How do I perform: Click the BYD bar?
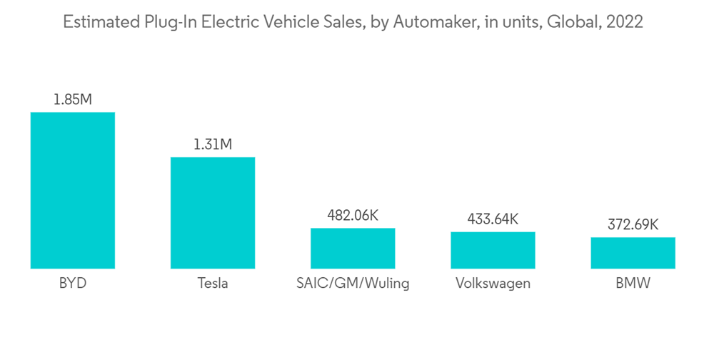72,191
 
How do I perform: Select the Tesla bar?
212,213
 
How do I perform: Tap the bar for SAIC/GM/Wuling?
353,249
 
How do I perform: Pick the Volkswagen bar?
493,250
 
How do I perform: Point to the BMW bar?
633,253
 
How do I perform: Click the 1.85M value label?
72,99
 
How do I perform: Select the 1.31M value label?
212,144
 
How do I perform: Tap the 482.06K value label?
353,214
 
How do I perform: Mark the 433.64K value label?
493,219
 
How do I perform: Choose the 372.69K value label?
633,224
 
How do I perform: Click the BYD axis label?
72,284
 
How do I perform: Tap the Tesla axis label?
212,284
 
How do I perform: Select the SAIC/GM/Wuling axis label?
353,284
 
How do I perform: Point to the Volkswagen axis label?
493,284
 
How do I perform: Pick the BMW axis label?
633,284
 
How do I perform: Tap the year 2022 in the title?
624,22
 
